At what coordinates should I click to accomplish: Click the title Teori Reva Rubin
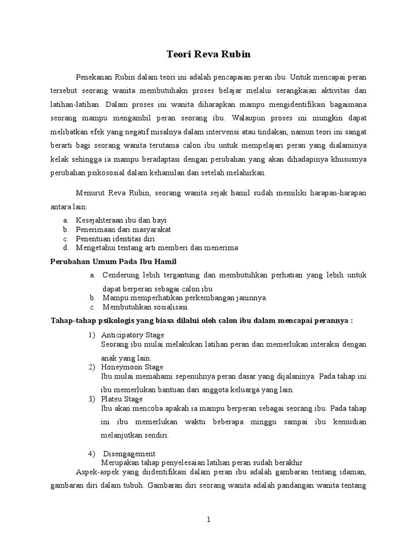[x=208, y=55]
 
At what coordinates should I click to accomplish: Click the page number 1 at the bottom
[x=208, y=520]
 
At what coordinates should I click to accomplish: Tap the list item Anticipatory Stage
[x=132, y=335]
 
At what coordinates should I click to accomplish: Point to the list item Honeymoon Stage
[x=131, y=367]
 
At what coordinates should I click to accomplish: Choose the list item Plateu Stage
[x=122, y=399]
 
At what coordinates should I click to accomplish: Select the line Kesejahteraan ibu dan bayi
[x=121, y=220]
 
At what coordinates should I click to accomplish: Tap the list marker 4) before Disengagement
[x=92, y=453]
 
